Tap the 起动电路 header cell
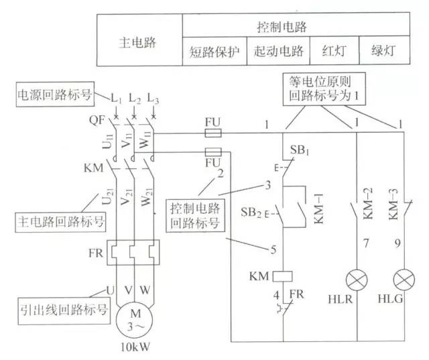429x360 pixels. (x=278, y=51)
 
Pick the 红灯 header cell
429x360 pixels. (x=332, y=51)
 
